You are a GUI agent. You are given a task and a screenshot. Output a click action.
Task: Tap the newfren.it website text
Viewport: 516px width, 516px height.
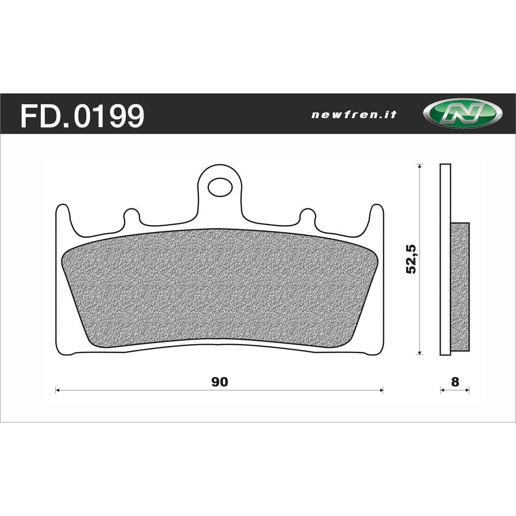coord(353,115)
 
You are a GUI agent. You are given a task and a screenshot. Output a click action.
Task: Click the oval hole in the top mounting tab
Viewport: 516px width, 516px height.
coord(220,186)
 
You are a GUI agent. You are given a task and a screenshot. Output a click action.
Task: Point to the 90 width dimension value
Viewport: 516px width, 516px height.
coord(219,382)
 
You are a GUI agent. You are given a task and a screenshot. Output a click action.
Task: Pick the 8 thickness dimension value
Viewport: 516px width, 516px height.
coord(455,382)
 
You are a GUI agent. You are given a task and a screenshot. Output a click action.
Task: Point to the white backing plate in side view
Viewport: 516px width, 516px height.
coord(445,196)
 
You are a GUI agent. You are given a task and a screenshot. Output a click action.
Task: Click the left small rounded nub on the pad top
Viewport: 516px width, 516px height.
coord(131,215)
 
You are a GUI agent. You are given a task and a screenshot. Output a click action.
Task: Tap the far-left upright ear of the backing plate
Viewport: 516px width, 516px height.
coord(62,217)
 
